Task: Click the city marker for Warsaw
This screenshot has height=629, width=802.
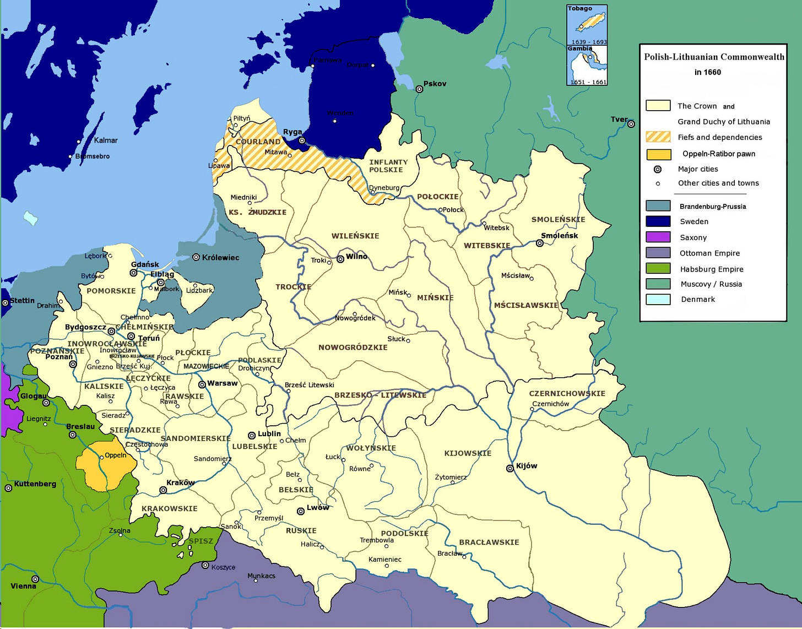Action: click(x=202, y=384)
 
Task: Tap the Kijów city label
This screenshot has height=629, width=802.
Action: click(x=527, y=466)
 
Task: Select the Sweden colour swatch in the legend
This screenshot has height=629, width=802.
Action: click(x=658, y=221)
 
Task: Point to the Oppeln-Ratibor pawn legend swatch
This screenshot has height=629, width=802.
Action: click(x=658, y=154)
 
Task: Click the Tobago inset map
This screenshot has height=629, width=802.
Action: click(x=587, y=25)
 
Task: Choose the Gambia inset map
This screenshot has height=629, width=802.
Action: click(x=587, y=66)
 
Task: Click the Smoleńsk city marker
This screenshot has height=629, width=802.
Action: click(x=540, y=243)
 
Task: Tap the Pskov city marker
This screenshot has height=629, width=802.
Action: click(x=419, y=89)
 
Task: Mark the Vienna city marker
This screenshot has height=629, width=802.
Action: click(x=35, y=579)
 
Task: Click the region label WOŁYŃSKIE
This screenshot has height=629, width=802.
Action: click(x=371, y=448)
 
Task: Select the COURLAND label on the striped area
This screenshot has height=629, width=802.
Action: click(x=258, y=142)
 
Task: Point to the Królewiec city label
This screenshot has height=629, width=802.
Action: click(x=220, y=258)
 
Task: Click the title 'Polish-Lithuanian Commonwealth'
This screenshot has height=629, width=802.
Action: click(x=714, y=57)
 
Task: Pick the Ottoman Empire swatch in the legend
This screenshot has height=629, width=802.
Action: click(x=658, y=253)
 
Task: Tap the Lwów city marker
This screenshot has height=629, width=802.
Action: click(x=301, y=511)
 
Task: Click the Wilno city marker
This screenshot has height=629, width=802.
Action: click(x=340, y=259)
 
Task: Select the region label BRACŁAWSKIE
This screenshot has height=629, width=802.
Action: click(x=489, y=542)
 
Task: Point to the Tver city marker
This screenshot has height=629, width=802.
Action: click(x=631, y=124)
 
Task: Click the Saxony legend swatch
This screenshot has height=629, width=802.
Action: click(x=658, y=237)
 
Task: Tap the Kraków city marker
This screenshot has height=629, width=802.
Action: click(x=163, y=490)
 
